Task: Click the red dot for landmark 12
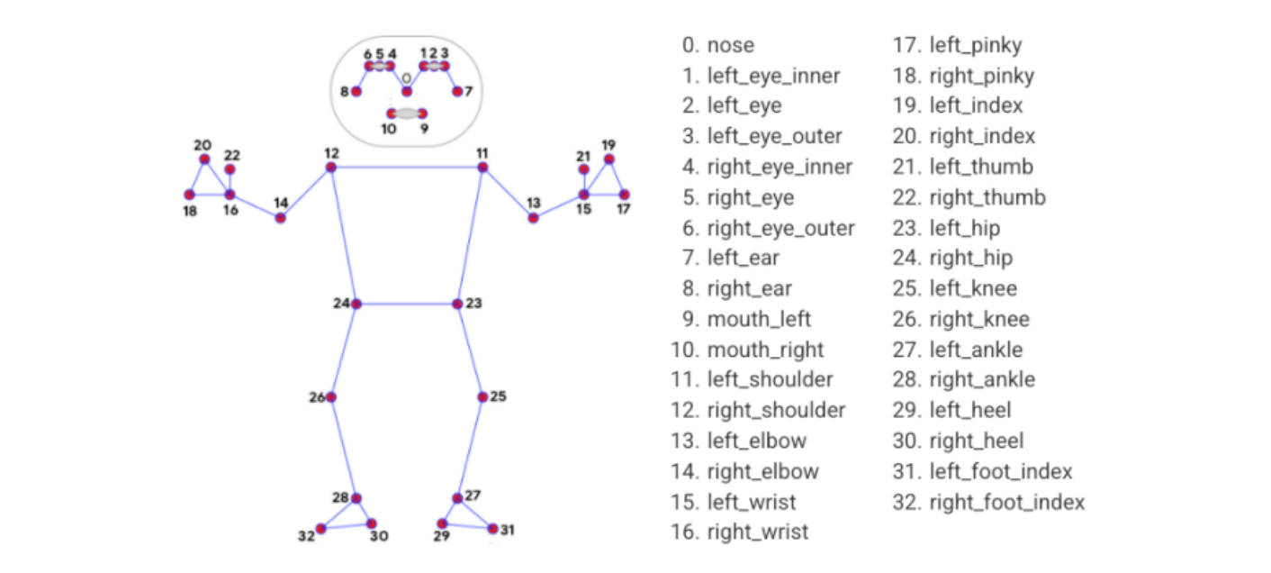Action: [331, 168]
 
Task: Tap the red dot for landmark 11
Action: [482, 168]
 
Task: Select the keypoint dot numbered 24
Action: [356, 305]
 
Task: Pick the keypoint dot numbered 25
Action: [482, 396]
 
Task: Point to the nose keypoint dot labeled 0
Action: [407, 91]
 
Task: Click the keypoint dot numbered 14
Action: [281, 218]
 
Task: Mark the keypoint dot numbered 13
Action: [533, 218]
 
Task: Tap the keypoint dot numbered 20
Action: [205, 159]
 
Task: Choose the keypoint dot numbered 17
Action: [625, 195]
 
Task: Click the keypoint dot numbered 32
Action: [320, 529]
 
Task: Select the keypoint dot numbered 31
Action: [492, 529]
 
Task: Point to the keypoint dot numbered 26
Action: [331, 396]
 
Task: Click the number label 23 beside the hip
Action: [474, 304]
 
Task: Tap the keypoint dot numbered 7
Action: [457, 91]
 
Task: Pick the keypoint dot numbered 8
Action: [356, 91]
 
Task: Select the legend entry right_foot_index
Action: [1006, 502]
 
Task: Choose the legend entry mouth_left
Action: [759, 319]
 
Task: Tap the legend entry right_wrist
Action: [758, 532]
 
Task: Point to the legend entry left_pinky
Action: [975, 45]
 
